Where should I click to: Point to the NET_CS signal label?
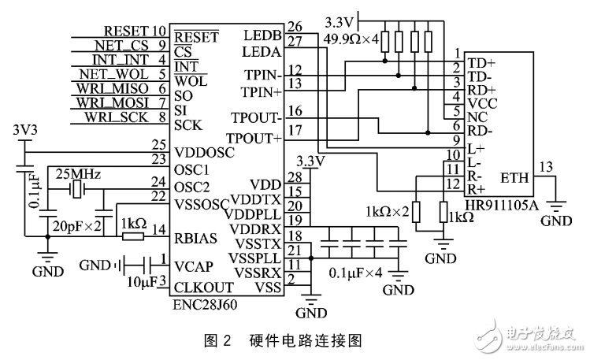[x=127, y=45]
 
